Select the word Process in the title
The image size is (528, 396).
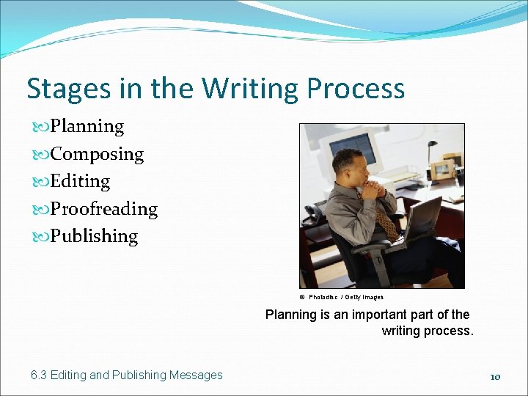[x=356, y=89]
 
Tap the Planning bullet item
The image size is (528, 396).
[x=87, y=126]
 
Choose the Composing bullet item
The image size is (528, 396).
[x=96, y=154]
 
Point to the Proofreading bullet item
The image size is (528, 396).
[x=103, y=209]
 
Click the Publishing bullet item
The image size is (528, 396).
[x=93, y=236]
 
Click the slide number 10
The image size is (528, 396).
[x=495, y=376]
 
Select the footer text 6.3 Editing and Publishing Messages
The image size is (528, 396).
[x=127, y=375]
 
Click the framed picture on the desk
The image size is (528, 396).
[x=441, y=170]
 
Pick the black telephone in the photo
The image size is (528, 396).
[x=314, y=213]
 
